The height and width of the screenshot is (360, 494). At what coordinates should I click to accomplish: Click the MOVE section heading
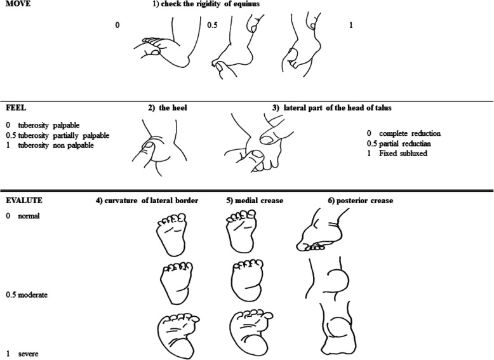(x=18, y=4)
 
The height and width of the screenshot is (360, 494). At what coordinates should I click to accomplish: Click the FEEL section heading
(x=16, y=108)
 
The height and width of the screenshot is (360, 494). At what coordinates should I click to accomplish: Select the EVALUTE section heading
(x=24, y=201)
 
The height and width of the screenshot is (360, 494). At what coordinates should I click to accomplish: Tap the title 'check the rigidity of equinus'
(x=210, y=4)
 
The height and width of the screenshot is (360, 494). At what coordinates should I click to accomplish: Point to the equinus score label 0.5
(x=212, y=25)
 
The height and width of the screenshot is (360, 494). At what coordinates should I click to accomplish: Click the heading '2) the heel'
(x=168, y=108)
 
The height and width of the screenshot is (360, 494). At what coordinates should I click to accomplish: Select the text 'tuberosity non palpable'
(x=56, y=145)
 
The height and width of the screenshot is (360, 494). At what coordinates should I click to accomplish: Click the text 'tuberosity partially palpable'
(x=63, y=135)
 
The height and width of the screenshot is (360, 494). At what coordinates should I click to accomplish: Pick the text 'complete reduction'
(x=410, y=133)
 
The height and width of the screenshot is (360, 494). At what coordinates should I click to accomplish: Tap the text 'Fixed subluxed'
(x=403, y=154)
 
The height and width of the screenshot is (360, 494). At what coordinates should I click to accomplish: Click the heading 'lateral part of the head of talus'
(x=337, y=108)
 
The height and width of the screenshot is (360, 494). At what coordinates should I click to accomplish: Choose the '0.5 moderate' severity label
(x=27, y=295)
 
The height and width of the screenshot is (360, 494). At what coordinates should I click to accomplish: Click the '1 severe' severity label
(x=22, y=354)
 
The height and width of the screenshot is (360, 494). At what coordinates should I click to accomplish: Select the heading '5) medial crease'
(x=255, y=201)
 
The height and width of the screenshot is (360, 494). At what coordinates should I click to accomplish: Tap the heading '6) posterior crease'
(x=361, y=201)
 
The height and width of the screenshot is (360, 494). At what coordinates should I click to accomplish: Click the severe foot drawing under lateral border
(x=178, y=335)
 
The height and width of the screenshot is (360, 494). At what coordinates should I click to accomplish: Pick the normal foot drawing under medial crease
(x=241, y=232)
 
